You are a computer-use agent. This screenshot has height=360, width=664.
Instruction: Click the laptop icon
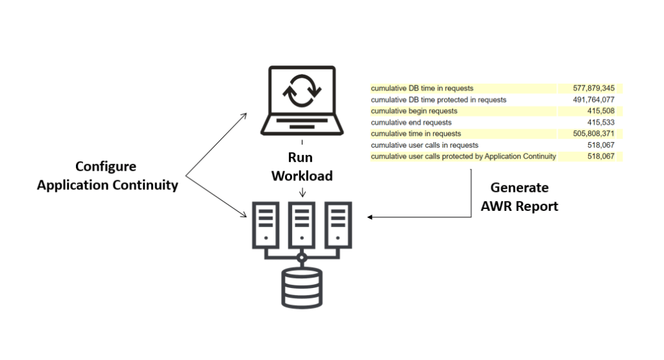coord(302,101)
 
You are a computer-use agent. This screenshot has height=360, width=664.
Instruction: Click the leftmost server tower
coord(265,223)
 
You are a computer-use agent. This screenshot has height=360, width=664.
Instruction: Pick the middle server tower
coord(302,223)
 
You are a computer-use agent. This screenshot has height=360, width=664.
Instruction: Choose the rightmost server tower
coord(338,223)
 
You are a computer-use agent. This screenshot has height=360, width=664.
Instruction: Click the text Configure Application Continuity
coord(108,176)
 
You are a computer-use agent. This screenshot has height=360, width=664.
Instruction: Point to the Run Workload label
coord(302,167)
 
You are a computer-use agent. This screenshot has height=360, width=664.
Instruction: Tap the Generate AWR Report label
coord(519,197)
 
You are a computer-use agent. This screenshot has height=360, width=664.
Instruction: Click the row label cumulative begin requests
coord(414,111)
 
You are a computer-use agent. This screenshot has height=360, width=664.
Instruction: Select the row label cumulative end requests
coord(411,122)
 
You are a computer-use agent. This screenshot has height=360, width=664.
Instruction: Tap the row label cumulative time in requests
coord(415,134)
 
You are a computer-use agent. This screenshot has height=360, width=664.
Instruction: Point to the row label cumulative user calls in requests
coord(424,145)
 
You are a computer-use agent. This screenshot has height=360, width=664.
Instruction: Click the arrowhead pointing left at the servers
coord(370,217)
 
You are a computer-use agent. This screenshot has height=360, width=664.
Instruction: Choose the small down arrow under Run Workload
coord(302,193)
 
